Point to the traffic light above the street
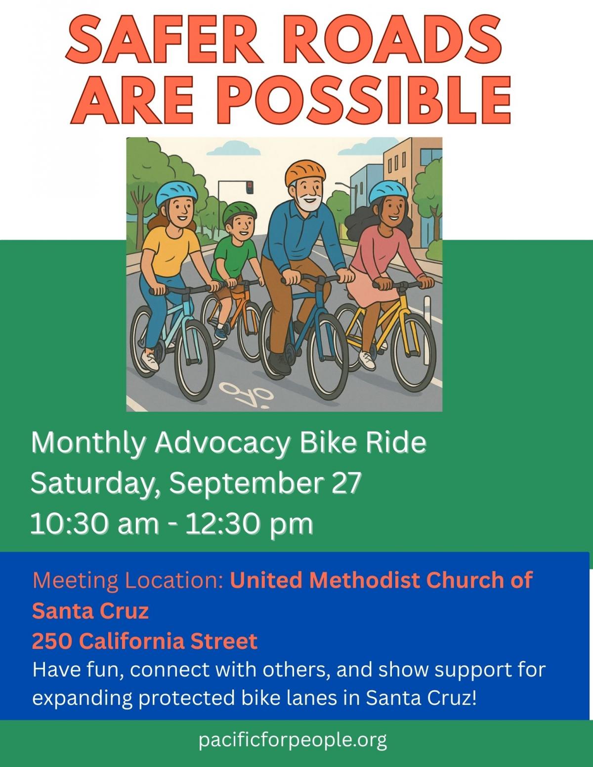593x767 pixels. (x=250, y=187)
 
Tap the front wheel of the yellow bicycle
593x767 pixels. (x=413, y=353)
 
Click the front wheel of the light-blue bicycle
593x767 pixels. (x=195, y=360)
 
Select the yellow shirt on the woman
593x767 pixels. (x=169, y=252)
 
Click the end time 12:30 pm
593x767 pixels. (x=249, y=524)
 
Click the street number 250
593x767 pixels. (x=52, y=641)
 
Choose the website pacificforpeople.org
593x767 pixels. (x=293, y=740)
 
